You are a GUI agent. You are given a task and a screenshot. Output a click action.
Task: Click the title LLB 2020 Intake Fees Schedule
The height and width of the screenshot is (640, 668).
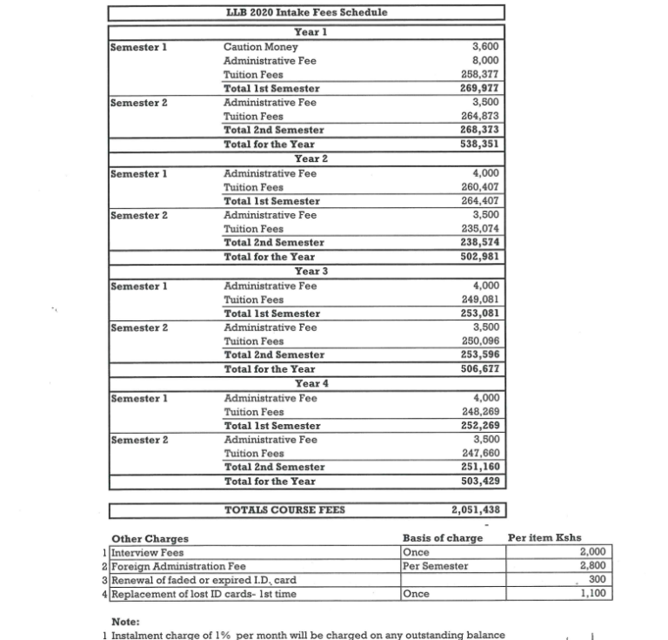(306, 12)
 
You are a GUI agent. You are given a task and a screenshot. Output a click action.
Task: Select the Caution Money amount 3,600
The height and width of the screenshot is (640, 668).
(484, 46)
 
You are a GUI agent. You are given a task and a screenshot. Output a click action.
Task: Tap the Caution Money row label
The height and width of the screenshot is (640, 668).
(260, 46)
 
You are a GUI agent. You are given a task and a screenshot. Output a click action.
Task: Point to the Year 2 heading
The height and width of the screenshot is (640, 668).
(311, 158)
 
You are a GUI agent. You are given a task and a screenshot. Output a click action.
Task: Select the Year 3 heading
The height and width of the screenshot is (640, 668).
(311, 271)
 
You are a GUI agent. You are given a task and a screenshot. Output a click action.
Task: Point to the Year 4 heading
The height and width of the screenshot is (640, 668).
(311, 383)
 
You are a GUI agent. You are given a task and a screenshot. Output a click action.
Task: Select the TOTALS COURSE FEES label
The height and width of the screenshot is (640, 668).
(284, 510)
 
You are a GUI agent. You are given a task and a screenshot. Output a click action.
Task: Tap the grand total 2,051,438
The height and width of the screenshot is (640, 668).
(474, 510)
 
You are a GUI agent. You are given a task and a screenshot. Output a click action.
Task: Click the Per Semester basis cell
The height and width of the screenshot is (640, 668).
(435, 566)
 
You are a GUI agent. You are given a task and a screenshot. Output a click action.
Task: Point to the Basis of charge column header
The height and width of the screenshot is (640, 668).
(442, 538)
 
